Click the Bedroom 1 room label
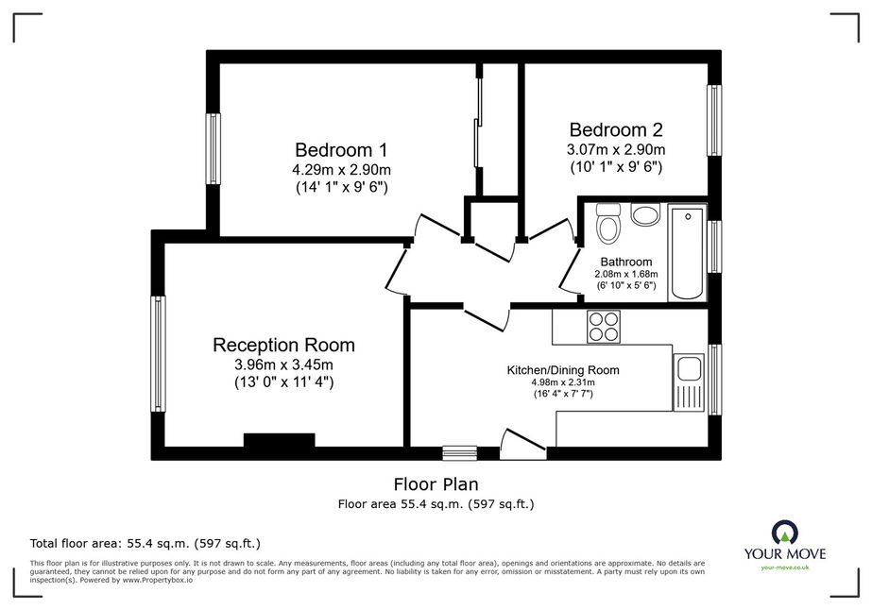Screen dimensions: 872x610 point(341,150)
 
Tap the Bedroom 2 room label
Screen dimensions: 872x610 point(616,129)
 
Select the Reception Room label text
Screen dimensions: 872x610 point(283,346)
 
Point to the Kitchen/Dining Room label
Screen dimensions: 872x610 point(563,370)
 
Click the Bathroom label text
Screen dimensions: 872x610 point(626,262)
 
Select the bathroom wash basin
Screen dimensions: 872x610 point(645,214)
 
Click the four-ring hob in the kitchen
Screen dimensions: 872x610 point(604,327)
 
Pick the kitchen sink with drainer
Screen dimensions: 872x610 point(689,383)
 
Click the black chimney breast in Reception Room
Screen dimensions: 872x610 point(280,440)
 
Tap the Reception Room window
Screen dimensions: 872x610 point(159,354)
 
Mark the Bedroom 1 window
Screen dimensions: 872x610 point(213,148)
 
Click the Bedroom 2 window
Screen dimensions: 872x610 point(714,120)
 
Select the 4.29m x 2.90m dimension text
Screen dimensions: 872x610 point(341,169)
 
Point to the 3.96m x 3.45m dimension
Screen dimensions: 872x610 point(283,364)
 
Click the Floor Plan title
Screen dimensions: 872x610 point(436,484)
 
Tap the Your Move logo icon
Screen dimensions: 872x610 point(785,533)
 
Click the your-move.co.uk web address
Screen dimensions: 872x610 point(785,568)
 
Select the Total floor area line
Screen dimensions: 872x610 point(145,543)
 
